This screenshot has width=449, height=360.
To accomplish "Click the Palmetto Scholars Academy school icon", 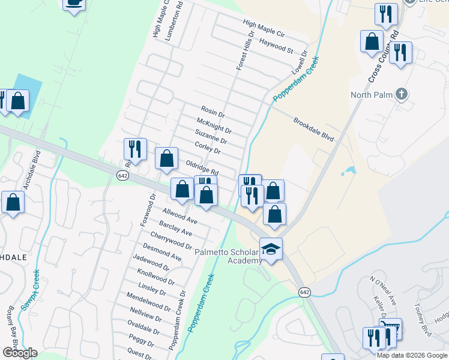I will point(271,248).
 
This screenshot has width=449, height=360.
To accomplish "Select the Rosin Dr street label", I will point(212,111).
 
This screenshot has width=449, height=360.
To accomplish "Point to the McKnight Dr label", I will point(214,125).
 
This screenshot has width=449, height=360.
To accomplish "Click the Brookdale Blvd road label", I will point(313,129).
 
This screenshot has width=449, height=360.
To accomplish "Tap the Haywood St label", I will point(276,44).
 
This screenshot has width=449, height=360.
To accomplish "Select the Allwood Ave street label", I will point(180,216).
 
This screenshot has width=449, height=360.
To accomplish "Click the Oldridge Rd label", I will point(202,167).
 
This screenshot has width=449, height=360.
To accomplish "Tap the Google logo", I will point(20,353).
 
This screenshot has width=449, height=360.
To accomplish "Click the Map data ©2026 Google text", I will point(412,355).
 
